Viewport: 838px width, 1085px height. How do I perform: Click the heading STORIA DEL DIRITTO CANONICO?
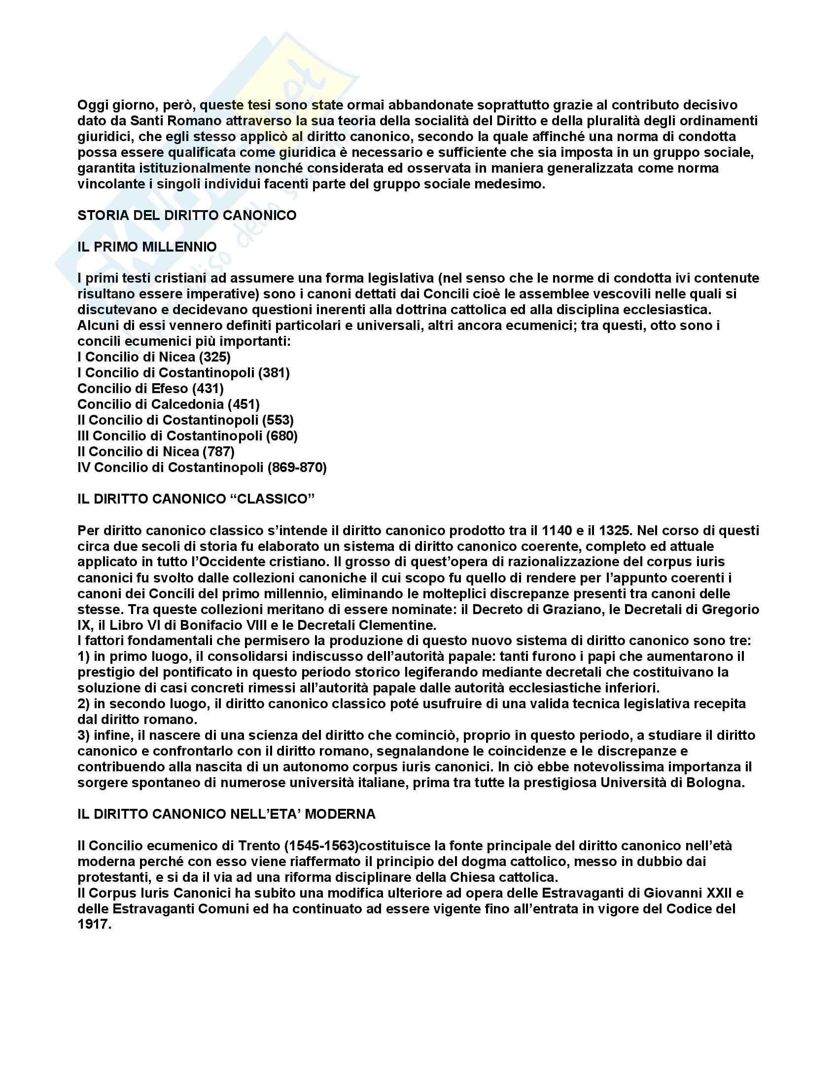[187, 216]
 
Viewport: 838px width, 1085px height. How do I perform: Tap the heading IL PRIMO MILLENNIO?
[147, 247]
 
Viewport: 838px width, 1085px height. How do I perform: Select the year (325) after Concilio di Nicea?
[214, 357]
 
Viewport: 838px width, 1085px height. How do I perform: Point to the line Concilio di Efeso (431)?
[150, 389]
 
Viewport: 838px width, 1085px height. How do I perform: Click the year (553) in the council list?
[278, 420]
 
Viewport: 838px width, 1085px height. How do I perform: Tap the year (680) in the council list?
[281, 436]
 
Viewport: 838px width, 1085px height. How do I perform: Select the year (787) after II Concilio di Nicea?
[218, 452]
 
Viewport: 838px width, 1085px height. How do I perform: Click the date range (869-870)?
[297, 468]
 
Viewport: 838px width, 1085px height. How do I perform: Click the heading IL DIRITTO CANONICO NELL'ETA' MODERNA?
[226, 814]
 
